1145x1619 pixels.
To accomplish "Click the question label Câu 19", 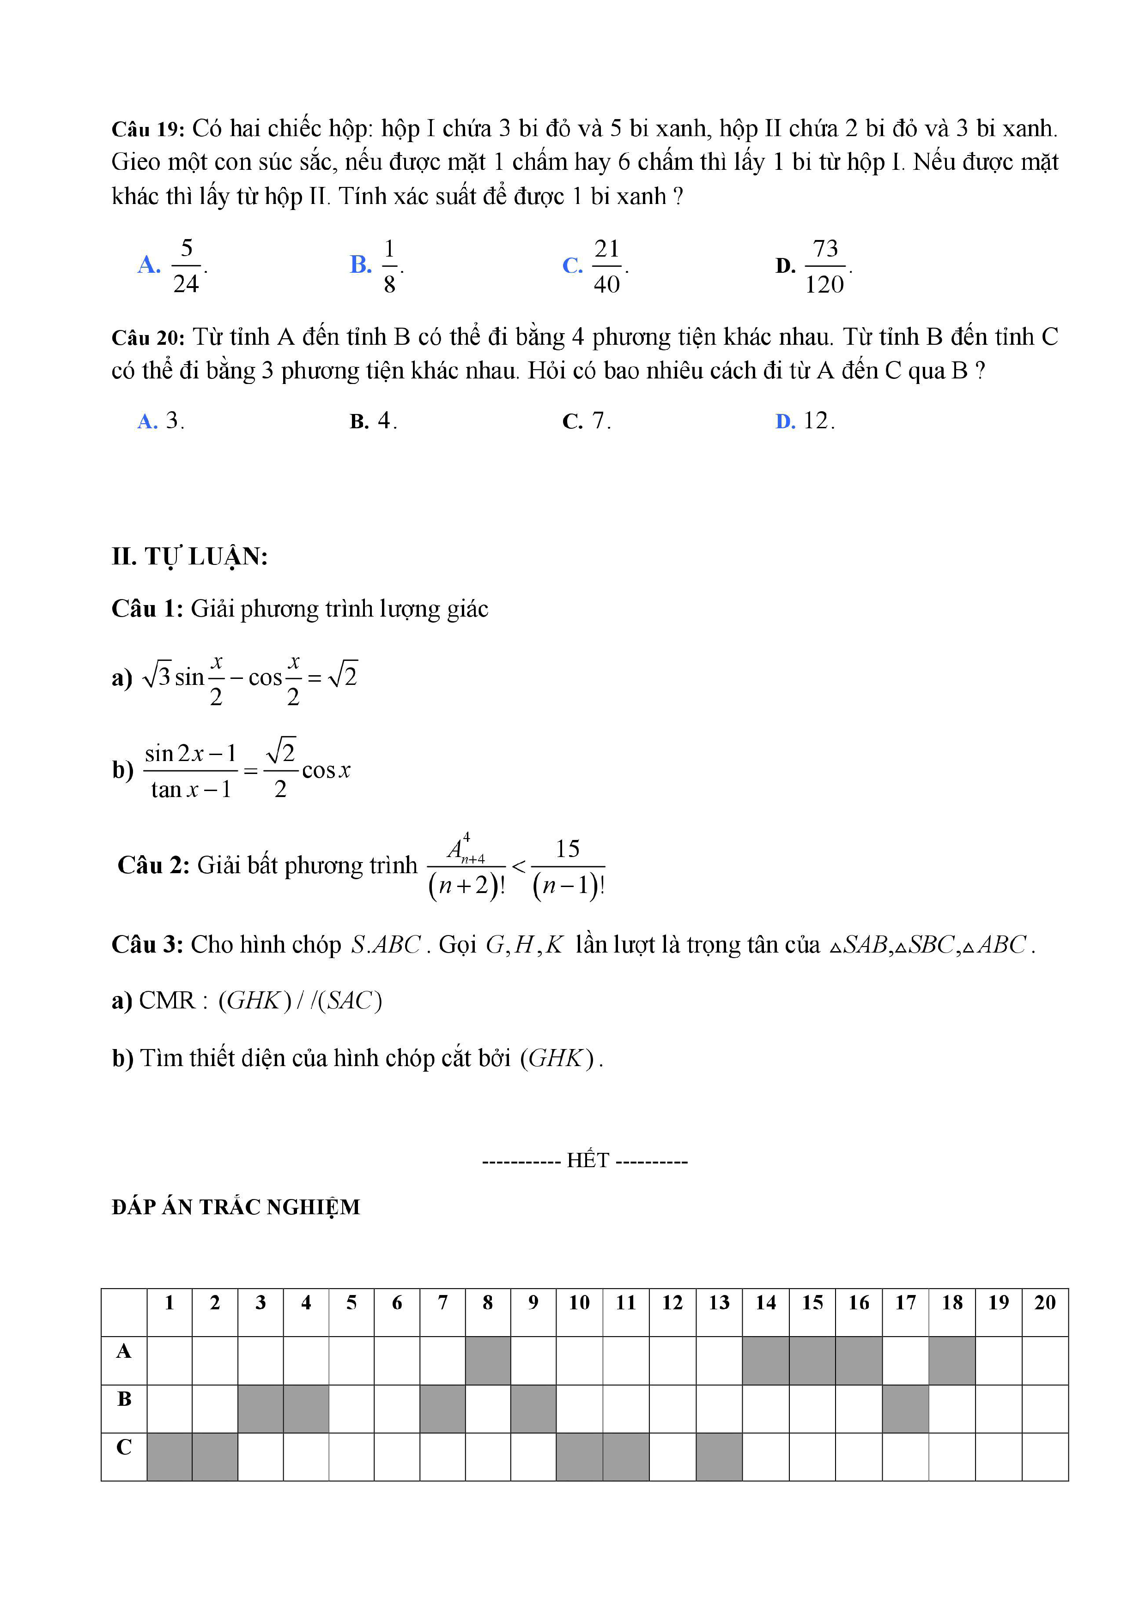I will pyautogui.click(x=147, y=130).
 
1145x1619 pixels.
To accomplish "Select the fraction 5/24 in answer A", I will pyautogui.click(x=186, y=266).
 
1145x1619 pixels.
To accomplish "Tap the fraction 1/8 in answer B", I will pyautogui.click(x=389, y=266).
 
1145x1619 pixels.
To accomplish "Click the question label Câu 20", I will pyautogui.click(x=147, y=338).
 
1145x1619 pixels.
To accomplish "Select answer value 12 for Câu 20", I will pyautogui.click(x=817, y=421).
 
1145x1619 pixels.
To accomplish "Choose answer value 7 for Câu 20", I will pyautogui.click(x=599, y=421).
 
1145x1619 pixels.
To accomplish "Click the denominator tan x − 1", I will pyautogui.click(x=190, y=789).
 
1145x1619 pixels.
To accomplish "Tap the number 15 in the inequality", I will pyautogui.click(x=567, y=848).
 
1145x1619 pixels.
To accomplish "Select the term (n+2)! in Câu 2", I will pyautogui.click(x=466, y=885).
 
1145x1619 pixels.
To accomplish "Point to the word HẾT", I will pyautogui.click(x=588, y=1160).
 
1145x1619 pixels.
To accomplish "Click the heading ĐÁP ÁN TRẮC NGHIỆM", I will pyautogui.click(x=236, y=1207).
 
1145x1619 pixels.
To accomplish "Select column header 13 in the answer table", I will pyautogui.click(x=719, y=1303).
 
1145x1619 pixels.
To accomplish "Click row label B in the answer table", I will pyautogui.click(x=124, y=1399).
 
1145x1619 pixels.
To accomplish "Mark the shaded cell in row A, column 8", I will pyautogui.click(x=487, y=1360).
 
